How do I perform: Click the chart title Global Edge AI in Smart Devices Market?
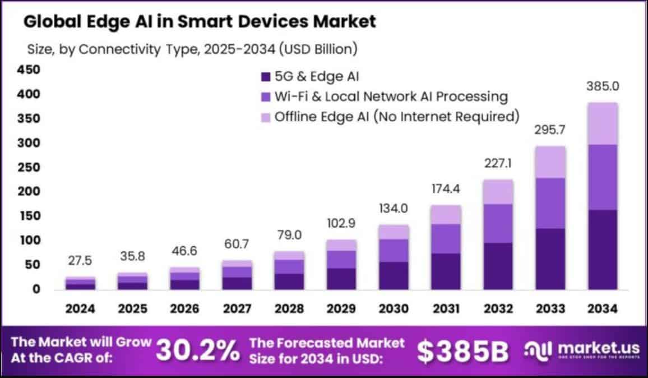coord(200,22)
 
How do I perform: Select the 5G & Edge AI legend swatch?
coord(266,76)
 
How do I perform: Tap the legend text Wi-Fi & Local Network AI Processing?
coord(391,96)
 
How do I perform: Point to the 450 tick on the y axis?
coord(29,70)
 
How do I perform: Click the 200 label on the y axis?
coord(29,192)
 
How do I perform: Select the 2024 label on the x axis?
coord(80,308)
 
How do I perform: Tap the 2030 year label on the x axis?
coord(394,308)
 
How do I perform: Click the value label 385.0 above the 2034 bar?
coord(602,87)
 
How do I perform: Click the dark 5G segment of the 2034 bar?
coord(602,250)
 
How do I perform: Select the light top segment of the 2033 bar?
coord(550,162)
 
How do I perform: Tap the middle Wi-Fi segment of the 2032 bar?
coord(498,223)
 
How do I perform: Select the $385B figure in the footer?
coord(463,351)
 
